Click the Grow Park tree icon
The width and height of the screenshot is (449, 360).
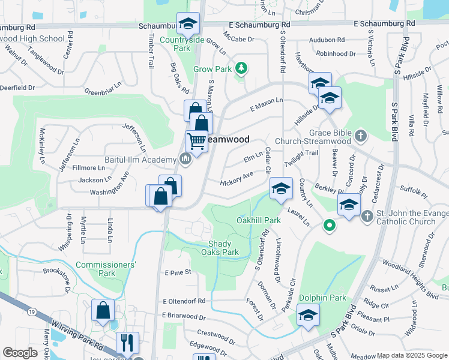pyautogui.click(x=241, y=68)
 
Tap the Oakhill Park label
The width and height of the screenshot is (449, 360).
pyautogui.click(x=258, y=220)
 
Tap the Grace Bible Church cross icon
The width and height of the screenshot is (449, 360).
pyautogui.click(x=360, y=135)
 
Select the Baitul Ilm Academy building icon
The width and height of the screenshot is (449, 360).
pyautogui.click(x=185, y=158)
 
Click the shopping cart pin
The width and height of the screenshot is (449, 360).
pyautogui.click(x=197, y=142)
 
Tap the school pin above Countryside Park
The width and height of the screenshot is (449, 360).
pyautogui.click(x=188, y=25)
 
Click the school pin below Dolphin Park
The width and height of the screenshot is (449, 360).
pyautogui.click(x=308, y=315)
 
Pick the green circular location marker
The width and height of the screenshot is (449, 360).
pyautogui.click(x=328, y=226)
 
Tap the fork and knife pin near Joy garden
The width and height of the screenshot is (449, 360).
pyautogui.click(x=127, y=343)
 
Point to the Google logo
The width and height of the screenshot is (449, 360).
pyautogui.click(x=20, y=353)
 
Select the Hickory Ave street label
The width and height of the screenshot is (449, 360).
pyautogui.click(x=237, y=179)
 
